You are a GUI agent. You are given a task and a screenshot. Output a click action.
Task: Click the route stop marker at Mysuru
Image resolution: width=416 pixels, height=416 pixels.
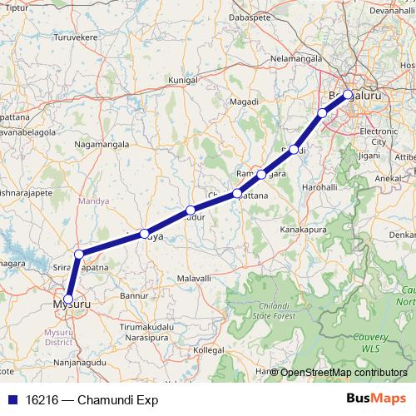[68, 299]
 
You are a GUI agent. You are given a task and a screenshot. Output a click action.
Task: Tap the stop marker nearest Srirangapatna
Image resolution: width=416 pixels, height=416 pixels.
[79, 254]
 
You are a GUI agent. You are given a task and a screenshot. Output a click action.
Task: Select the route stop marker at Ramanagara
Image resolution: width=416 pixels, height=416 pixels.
[261, 175]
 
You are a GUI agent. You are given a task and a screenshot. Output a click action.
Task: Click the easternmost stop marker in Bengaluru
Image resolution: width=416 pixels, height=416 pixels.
[348, 94]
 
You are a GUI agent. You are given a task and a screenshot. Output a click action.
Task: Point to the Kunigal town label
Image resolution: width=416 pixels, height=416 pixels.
[182, 81]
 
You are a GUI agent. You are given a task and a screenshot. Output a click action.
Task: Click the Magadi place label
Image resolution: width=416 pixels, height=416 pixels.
[243, 101]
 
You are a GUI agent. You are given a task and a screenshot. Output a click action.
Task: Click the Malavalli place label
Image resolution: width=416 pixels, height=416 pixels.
[194, 276]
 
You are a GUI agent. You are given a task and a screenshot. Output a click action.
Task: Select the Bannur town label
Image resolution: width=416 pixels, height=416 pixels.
[134, 295]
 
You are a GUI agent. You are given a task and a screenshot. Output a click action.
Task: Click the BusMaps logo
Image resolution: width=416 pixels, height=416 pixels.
[376, 399]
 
